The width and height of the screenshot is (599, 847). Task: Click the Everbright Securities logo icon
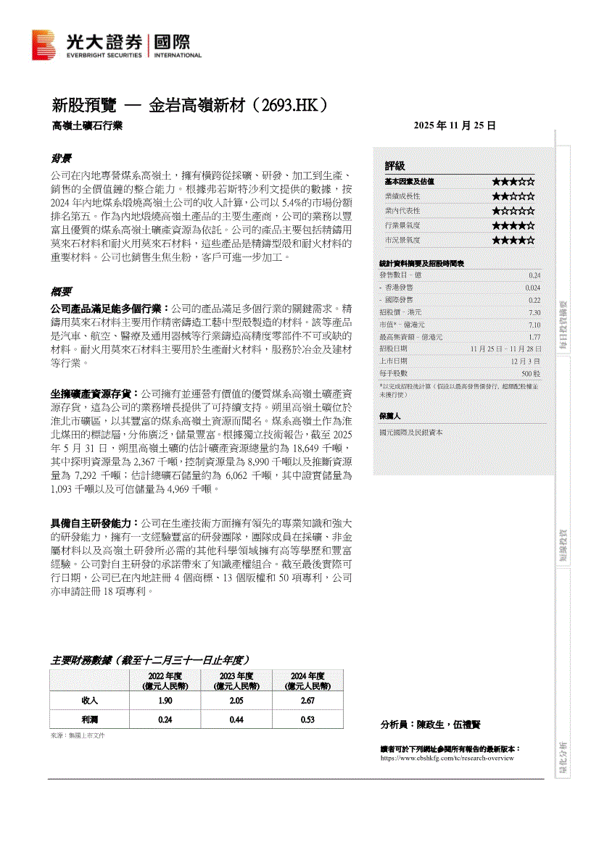tap(43, 45)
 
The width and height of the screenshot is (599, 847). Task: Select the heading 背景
tap(60, 159)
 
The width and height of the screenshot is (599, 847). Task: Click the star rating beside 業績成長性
tap(513, 196)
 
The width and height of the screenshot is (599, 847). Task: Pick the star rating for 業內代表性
tap(513, 211)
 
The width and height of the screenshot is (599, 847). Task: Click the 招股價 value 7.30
tap(534, 312)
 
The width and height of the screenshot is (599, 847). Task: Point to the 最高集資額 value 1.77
tap(534, 337)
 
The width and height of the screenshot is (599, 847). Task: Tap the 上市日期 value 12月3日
tap(526, 361)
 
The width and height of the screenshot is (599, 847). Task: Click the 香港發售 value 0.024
tap(533, 288)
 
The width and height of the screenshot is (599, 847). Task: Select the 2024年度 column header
tap(307, 680)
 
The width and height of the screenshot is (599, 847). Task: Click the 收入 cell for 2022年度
tap(165, 701)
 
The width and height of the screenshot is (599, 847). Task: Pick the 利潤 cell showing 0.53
tap(307, 720)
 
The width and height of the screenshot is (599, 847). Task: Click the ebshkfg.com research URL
tap(447, 758)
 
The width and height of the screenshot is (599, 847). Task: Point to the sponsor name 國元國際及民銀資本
tap(411, 433)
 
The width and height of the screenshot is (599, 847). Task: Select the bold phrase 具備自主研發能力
tap(90, 522)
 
